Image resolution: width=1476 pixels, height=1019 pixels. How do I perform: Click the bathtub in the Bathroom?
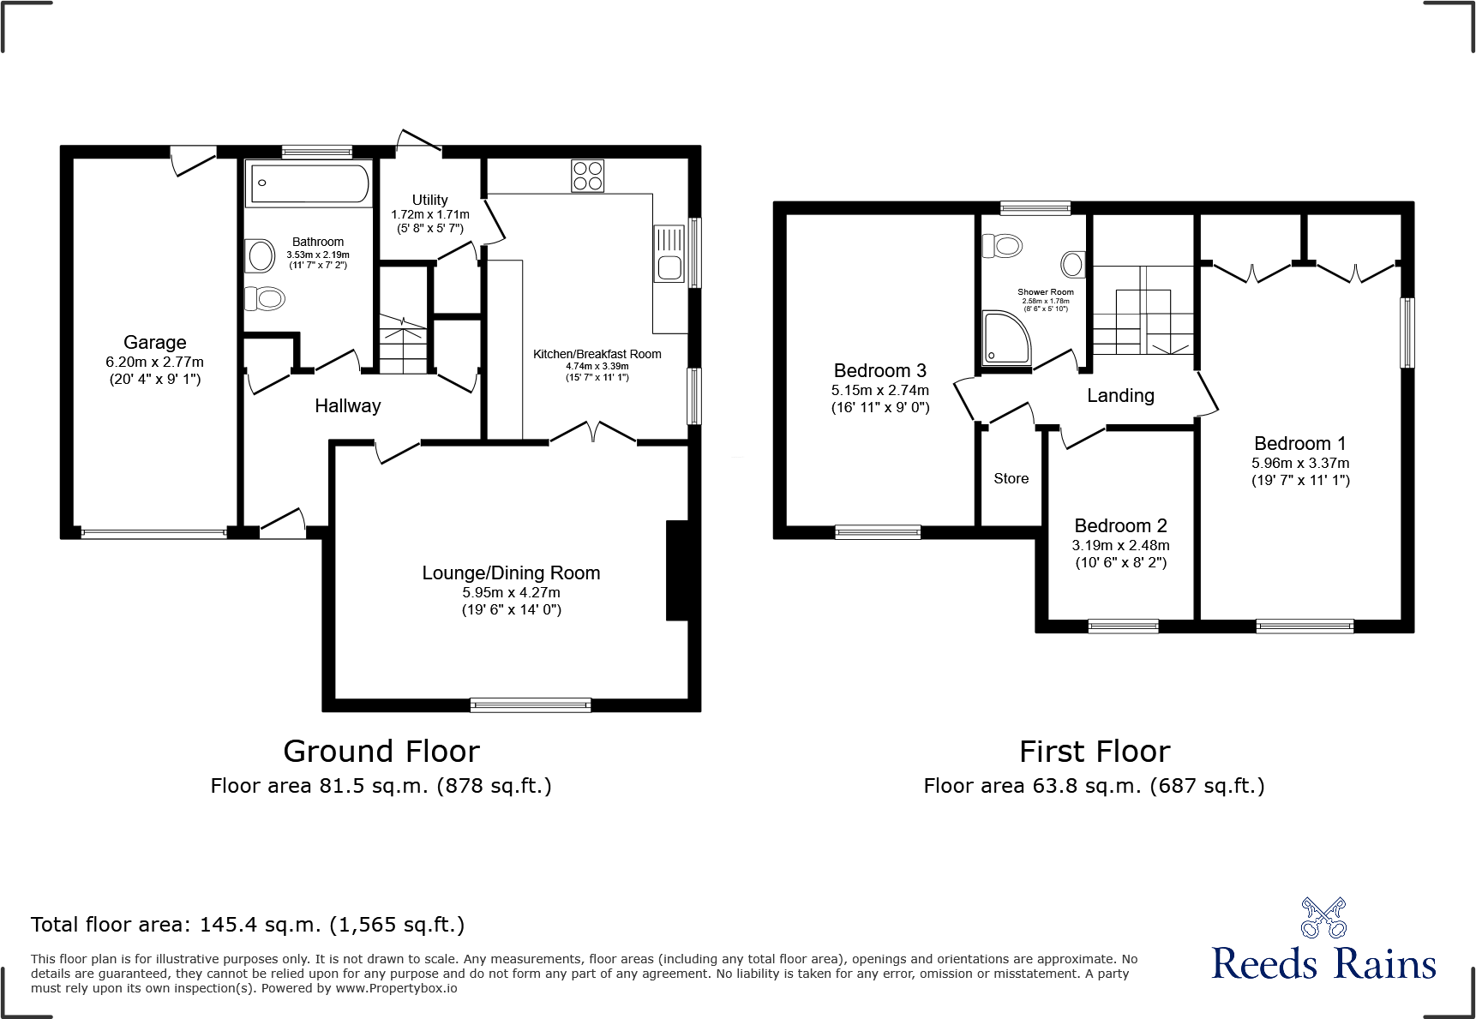coord(309,183)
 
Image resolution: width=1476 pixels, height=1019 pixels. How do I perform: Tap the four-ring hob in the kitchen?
coord(587,177)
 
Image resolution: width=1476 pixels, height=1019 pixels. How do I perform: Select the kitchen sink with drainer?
coord(669,254)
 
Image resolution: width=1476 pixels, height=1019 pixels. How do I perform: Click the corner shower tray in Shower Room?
coord(1005,339)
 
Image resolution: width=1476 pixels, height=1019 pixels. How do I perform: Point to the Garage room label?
coord(155,342)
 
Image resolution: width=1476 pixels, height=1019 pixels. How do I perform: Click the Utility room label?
coord(429,200)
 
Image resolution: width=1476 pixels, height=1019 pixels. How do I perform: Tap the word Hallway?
coord(347,406)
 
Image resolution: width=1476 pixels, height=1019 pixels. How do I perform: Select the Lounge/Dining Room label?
coord(511,572)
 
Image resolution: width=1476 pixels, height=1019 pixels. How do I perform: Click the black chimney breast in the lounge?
coord(677,570)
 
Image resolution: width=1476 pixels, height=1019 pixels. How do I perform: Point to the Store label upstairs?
coord(1011,479)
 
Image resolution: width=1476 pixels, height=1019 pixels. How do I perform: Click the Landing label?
coord(1120,396)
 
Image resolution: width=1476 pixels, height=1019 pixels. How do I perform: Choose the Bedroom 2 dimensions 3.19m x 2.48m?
coord(1120,545)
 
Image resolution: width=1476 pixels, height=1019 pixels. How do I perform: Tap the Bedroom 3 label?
coord(879,371)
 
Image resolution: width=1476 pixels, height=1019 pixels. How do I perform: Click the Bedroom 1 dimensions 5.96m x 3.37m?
coord(1299,463)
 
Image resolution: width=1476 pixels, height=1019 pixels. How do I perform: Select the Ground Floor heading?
coord(381,752)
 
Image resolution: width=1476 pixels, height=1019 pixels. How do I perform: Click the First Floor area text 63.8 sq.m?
coord(1094,786)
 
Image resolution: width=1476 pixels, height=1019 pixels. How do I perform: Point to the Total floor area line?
coord(248,925)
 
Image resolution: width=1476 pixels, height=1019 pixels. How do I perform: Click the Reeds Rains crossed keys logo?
coord(1323,918)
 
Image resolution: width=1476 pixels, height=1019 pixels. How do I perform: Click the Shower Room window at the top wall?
coord(1035,207)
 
